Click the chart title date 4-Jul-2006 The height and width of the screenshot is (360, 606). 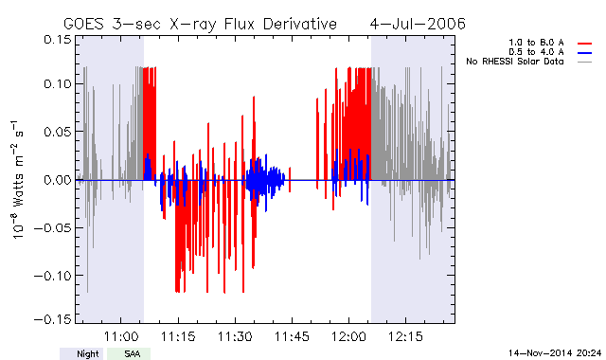[418, 24]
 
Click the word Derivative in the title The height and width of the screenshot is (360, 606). [300, 24]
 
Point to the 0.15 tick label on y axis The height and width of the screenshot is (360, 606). [57, 39]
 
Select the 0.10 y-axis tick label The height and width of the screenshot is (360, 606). [57, 83]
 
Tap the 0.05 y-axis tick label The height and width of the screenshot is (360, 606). [57, 132]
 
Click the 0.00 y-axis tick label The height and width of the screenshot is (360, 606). [57, 180]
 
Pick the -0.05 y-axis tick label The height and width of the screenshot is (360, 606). [53, 227]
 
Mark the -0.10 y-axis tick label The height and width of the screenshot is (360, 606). [53, 276]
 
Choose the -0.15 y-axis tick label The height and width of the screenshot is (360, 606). [53, 319]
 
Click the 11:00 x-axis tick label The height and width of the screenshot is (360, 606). [121, 336]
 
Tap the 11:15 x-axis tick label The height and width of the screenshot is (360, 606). [178, 336]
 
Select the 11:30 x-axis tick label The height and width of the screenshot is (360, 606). [235, 336]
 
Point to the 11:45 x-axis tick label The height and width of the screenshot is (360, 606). [292, 336]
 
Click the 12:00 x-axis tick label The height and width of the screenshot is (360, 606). [348, 336]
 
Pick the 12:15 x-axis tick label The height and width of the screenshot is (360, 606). [405, 336]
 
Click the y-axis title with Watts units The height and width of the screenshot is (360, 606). [18, 180]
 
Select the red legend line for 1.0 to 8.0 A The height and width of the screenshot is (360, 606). [585, 44]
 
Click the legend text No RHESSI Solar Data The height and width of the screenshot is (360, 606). [515, 62]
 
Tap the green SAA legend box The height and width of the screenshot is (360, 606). [129, 353]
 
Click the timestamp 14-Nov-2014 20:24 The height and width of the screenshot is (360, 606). [555, 352]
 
